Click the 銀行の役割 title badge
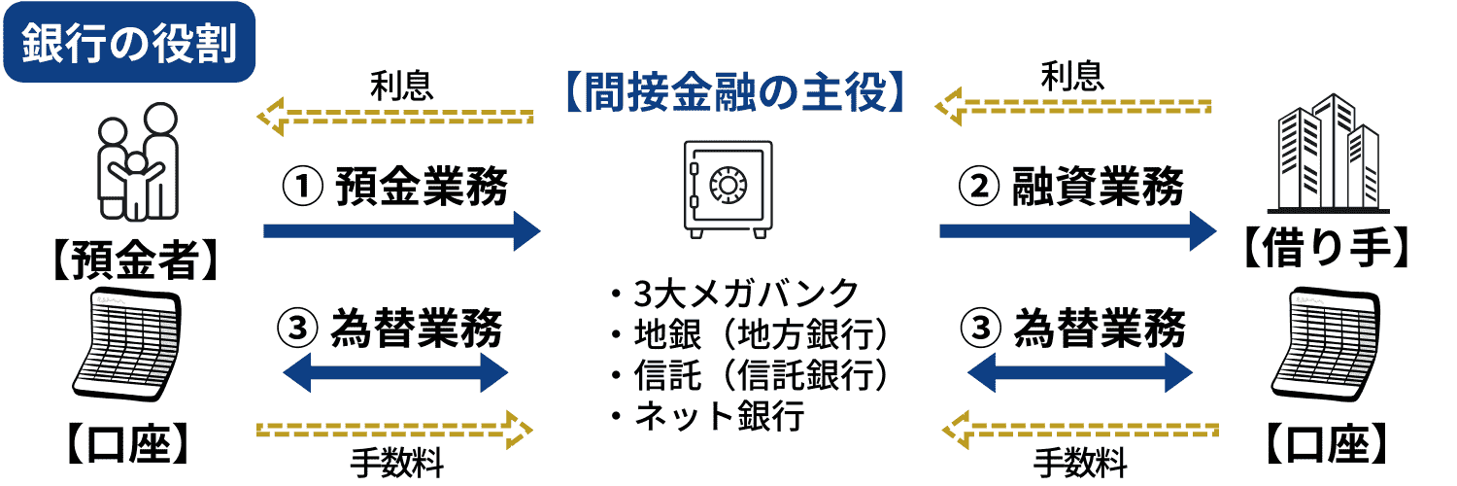pyautogui.click(x=129, y=43)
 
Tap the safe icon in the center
pyautogui.click(x=728, y=188)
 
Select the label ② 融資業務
pyautogui.click(x=1072, y=187)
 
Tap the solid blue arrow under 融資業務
pyautogui.click(x=1077, y=230)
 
